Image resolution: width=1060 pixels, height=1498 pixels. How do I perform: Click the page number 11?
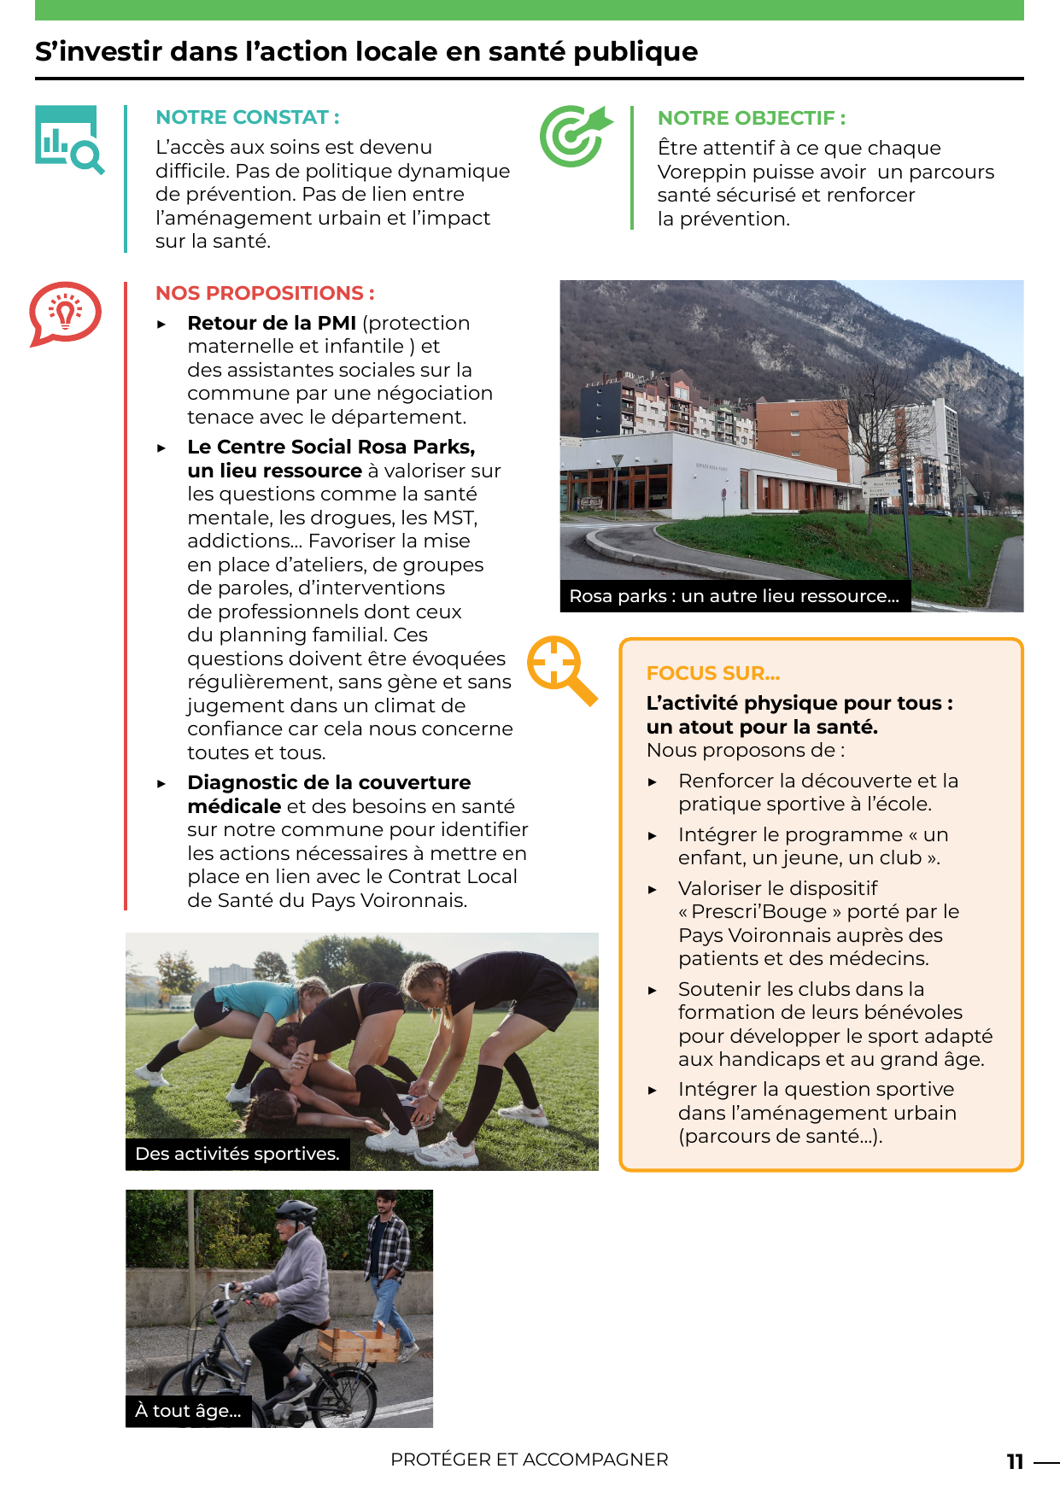click(1015, 1461)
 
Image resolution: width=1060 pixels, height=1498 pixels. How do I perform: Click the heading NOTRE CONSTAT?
click(247, 117)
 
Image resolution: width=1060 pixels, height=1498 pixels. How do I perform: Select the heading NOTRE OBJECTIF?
click(751, 118)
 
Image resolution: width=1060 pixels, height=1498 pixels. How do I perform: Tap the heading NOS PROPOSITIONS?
click(265, 293)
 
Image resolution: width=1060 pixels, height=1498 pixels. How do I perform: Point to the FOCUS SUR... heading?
click(712, 673)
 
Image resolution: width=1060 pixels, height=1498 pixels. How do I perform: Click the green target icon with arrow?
click(574, 136)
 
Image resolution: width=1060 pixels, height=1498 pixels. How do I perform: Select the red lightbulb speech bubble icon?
click(65, 313)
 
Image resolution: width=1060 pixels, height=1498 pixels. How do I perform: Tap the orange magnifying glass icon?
click(560, 669)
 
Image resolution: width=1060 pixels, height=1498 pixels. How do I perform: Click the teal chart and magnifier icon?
click(69, 138)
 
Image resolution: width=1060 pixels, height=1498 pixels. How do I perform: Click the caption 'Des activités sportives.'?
click(237, 1154)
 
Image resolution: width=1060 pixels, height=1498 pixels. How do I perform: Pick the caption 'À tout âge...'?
click(188, 1411)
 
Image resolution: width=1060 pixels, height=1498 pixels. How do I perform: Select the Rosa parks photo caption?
click(734, 596)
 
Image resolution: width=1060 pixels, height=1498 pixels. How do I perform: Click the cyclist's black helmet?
click(296, 1209)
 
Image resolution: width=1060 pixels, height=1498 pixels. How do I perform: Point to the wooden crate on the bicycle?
click(359, 1345)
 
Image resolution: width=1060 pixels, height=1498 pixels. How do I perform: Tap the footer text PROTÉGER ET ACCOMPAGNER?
click(529, 1460)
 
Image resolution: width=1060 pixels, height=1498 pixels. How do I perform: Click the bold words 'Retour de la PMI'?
click(271, 323)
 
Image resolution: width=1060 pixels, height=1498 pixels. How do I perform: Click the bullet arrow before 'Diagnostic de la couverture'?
click(161, 783)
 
